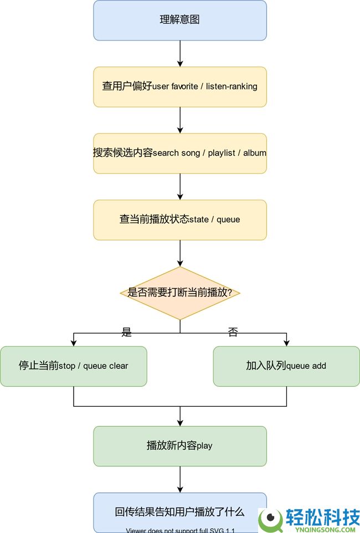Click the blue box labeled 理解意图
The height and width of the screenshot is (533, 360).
(x=180, y=20)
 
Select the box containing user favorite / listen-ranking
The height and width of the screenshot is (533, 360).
(x=180, y=87)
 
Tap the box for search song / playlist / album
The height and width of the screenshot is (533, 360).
(x=180, y=153)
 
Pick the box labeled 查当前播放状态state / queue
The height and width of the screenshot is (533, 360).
(x=180, y=220)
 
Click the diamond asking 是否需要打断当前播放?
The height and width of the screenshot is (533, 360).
(x=180, y=293)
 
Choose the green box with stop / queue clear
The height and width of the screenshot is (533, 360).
(x=74, y=366)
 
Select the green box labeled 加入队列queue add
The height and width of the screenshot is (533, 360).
(x=286, y=366)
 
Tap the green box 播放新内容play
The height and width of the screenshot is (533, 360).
(x=180, y=446)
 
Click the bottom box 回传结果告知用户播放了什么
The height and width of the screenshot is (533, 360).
(x=180, y=512)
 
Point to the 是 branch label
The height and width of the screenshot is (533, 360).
(x=127, y=332)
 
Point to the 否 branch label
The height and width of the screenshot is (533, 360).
(x=233, y=332)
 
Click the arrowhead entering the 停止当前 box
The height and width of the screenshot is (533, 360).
(x=74, y=343)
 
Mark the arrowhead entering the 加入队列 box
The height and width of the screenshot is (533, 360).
(x=286, y=343)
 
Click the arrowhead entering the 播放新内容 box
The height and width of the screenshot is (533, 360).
(x=180, y=423)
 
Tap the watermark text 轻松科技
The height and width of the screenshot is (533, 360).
(x=322, y=517)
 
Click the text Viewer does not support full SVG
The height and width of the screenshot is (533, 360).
(x=180, y=530)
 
